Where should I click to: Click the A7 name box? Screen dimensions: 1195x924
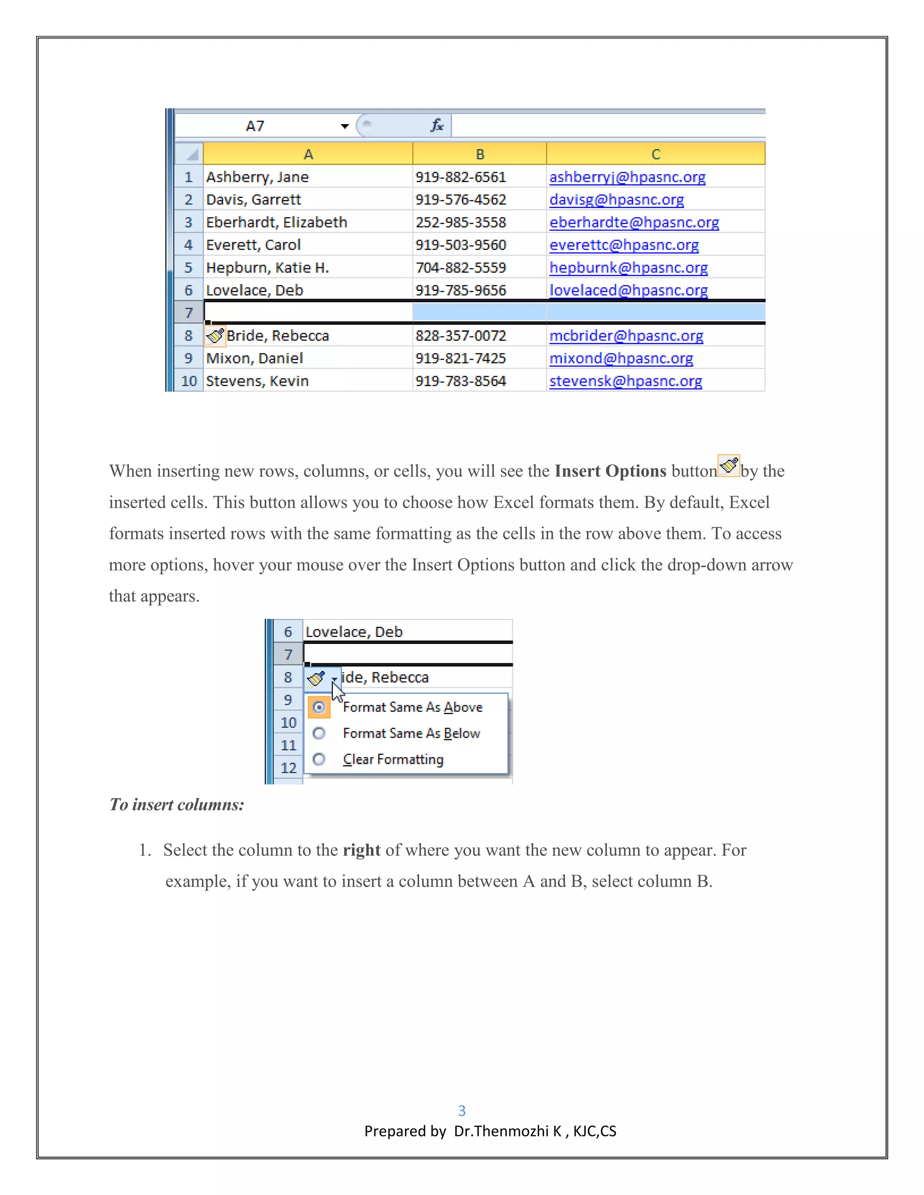tap(255, 126)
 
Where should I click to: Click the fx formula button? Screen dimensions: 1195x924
tap(436, 126)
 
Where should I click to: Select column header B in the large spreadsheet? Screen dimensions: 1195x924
tap(480, 154)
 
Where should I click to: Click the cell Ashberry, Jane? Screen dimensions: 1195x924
tap(257, 177)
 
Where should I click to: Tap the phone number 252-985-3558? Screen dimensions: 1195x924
tap(460, 223)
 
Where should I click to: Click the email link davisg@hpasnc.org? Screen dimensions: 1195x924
tap(616, 200)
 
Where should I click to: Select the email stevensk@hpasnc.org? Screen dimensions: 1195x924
tap(626, 381)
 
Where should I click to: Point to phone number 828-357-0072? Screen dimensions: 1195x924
tap(460, 336)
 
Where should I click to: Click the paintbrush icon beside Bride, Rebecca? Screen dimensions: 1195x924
tap(215, 336)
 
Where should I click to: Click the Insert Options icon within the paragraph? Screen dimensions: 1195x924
tap(729, 466)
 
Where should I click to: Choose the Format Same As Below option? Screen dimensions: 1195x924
tap(411, 733)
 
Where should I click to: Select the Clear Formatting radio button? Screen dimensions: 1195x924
tap(319, 759)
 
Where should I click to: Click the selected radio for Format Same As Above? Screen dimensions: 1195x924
tap(319, 707)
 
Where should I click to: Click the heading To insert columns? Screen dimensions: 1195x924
tap(177, 805)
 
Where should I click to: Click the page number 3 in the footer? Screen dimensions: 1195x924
tap(462, 1111)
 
